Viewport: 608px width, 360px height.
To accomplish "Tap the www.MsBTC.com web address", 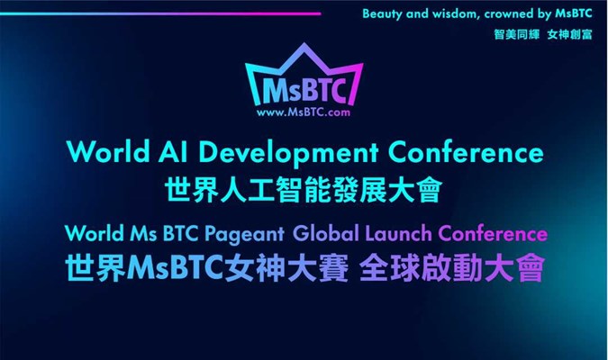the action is [x=304, y=112].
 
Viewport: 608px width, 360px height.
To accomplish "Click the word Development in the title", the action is [x=289, y=153].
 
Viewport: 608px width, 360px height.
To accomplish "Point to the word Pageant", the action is [x=245, y=235].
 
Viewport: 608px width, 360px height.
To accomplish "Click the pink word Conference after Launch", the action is [x=493, y=233].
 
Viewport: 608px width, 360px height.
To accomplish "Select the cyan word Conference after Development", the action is [x=466, y=151].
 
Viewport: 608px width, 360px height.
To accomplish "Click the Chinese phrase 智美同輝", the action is [x=516, y=34].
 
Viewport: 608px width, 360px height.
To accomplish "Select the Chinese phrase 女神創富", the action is [x=569, y=34].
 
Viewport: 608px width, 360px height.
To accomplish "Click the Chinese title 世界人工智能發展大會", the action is [x=304, y=189].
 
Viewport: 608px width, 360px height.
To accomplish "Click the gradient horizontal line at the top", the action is [x=160, y=14].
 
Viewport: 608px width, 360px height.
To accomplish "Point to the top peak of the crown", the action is [x=304, y=43].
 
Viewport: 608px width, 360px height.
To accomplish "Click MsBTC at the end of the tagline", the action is [x=574, y=13].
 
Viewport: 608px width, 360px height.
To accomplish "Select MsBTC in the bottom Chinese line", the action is [x=176, y=268].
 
